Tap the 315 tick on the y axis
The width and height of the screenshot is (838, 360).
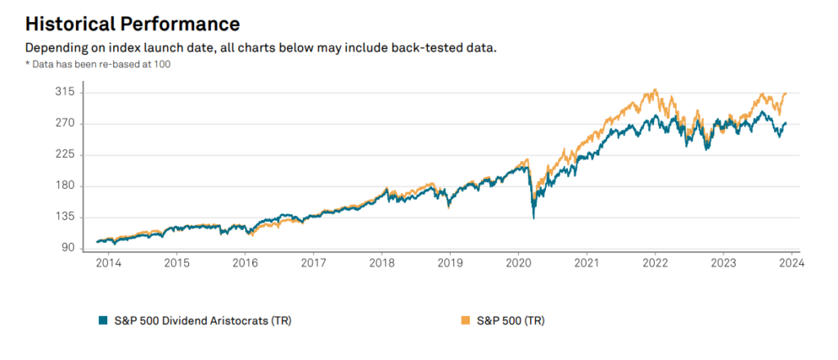click(65, 92)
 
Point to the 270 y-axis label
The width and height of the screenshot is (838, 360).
click(65, 124)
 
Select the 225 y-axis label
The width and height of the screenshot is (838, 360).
click(65, 155)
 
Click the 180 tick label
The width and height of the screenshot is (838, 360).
click(65, 186)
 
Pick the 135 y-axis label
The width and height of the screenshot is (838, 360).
click(65, 217)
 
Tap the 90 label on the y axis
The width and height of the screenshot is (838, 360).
click(67, 248)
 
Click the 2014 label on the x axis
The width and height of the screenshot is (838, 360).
click(109, 263)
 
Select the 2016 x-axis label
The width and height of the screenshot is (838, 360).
click(246, 263)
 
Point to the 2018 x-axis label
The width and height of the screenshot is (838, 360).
click(382, 263)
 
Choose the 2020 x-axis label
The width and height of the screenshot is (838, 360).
click(519, 263)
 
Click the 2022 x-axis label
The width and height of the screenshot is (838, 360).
click(656, 263)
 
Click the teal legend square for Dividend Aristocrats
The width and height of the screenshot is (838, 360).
click(102, 321)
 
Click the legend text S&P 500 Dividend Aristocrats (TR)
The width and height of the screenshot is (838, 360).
click(200, 321)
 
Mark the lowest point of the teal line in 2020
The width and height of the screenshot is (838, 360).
click(534, 218)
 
